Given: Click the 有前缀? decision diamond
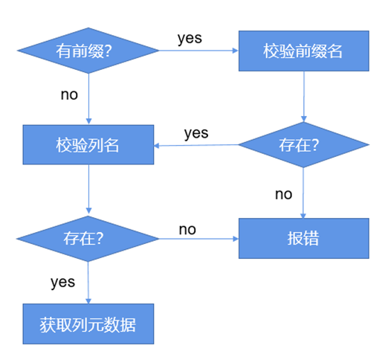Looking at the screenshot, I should coord(88,51).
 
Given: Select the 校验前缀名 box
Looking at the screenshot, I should coord(303,51).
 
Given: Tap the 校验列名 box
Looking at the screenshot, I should coord(88,144).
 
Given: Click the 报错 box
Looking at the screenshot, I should coord(303,238).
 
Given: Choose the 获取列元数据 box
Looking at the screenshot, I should coord(88,324).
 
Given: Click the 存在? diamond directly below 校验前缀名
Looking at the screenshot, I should coord(303,144).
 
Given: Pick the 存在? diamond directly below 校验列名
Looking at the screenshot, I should coord(88,238).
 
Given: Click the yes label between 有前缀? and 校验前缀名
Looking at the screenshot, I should coord(190,38).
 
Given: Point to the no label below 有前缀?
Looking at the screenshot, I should coord(70,94).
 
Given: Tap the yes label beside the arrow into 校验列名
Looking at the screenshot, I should coord(195,133).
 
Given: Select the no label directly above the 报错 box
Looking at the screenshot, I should coord(284,194).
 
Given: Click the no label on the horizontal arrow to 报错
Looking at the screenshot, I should coord(187,229).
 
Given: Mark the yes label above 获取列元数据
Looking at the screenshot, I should coord(62,282).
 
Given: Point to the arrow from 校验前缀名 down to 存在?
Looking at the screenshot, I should coord(303,97).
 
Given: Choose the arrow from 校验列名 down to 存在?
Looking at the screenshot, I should coord(88,190).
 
